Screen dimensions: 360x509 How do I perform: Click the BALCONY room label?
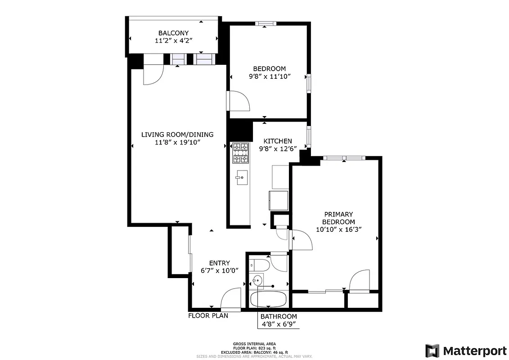[x=173, y=33]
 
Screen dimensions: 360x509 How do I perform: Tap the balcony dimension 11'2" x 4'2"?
[x=173, y=40]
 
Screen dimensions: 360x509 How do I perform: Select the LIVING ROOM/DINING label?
[x=177, y=135]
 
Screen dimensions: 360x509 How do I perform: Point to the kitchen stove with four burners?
[x=240, y=153]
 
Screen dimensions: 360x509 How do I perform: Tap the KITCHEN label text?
[x=278, y=141]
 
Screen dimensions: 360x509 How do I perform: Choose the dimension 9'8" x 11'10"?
[x=269, y=76]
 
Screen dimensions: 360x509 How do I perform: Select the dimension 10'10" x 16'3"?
[x=339, y=229]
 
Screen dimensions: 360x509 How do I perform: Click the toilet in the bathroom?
[x=260, y=265]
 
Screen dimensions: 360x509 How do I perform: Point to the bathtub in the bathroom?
[x=268, y=299]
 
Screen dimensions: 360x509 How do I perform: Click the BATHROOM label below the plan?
[x=279, y=316]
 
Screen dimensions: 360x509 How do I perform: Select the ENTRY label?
[x=220, y=263]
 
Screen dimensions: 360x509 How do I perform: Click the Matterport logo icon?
[x=432, y=351]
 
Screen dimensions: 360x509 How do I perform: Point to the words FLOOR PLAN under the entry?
[x=208, y=315]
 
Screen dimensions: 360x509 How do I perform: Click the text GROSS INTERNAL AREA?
[x=254, y=343]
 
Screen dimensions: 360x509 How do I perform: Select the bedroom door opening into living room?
[x=239, y=100]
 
